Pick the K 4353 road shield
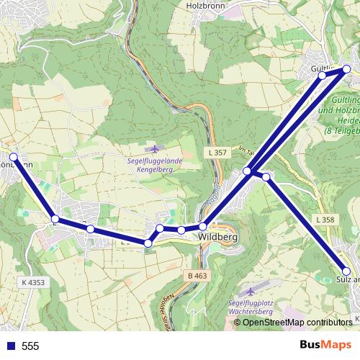33,283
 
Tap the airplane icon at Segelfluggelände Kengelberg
150,148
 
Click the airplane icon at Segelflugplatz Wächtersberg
251,292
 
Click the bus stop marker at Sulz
347,271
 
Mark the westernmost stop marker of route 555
13,156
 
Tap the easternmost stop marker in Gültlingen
346,69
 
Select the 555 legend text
30,346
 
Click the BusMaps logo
325,345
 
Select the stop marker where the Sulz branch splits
266,176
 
